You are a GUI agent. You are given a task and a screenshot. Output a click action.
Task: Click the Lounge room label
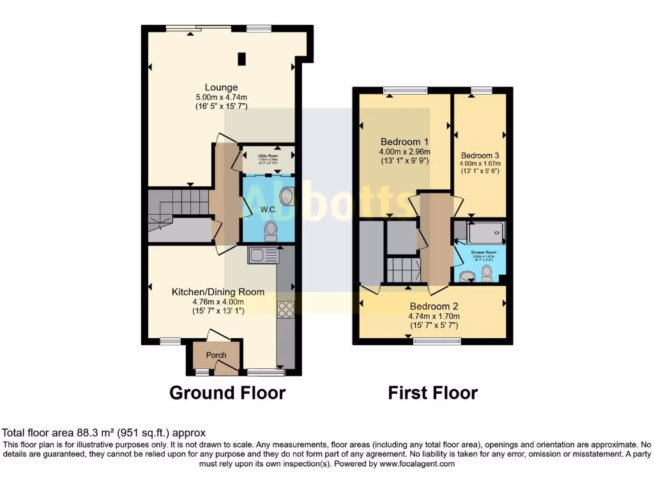(x=221, y=88)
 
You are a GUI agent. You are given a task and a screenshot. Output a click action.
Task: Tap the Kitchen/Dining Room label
(x=218, y=292)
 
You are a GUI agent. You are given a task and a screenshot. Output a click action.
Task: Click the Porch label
(x=216, y=355)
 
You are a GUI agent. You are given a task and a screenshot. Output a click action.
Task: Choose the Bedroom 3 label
(x=480, y=155)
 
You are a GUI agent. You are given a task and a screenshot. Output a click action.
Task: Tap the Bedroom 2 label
(x=434, y=306)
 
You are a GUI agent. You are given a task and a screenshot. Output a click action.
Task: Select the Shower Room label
(x=483, y=253)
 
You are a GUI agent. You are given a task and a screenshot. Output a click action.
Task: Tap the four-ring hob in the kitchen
(x=285, y=309)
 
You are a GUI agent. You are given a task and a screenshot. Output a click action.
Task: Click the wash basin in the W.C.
(x=285, y=196)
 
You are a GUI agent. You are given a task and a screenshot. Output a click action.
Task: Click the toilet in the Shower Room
(x=487, y=274)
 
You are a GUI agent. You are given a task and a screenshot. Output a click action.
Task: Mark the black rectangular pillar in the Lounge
(x=242, y=58)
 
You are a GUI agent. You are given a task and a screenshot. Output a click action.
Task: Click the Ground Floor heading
(x=227, y=392)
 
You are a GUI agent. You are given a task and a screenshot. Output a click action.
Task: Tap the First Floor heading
(x=432, y=392)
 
